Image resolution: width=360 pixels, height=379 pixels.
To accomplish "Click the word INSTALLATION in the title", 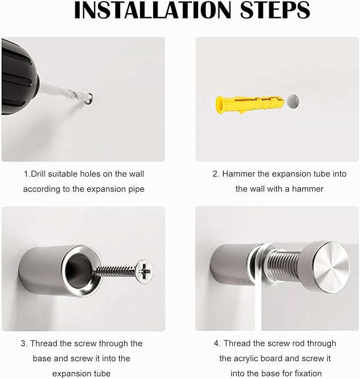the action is [153, 10].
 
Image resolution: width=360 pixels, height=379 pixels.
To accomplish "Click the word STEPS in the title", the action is [275, 10].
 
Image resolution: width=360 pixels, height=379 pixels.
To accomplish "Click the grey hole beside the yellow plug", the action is [293, 102].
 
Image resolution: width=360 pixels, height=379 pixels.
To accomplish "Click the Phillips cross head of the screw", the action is [144, 271].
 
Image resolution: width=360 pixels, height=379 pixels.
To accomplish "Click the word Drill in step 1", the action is [39, 174].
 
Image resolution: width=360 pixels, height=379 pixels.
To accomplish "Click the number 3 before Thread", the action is [23, 343].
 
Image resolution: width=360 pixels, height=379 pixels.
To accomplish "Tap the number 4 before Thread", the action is [216, 343].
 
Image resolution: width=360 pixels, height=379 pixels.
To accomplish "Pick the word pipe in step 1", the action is [137, 189].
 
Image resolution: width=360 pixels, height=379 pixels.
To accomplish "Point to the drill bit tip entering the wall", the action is [90, 98].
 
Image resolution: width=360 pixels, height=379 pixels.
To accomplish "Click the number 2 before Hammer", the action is [215, 174].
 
